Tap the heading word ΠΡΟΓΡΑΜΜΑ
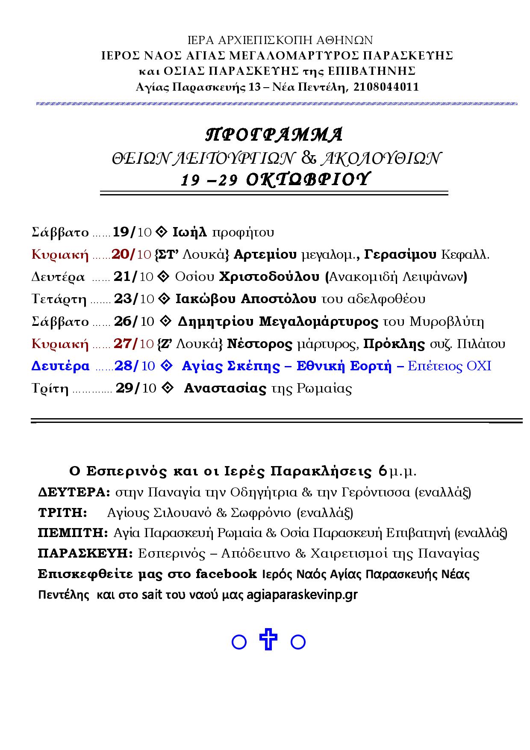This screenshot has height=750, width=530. [274, 135]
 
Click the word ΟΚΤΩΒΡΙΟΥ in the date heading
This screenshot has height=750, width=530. [307, 180]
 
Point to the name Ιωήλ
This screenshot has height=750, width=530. [190, 232]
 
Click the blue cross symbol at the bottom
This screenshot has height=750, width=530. [268, 640]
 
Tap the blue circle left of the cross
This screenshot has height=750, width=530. [239, 642]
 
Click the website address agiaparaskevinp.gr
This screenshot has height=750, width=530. [302, 595]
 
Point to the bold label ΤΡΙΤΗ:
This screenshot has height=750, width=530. [62, 513]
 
